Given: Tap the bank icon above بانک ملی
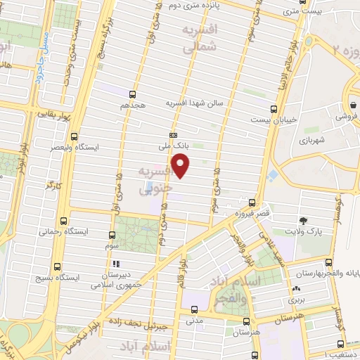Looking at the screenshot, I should pos(172,135).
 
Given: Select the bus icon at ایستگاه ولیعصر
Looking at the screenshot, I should pos(76,138).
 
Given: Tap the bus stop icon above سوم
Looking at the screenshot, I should pos(111,236).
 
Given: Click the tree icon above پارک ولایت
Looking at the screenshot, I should pos(303,220).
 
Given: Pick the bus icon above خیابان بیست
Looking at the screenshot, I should pos(274,108).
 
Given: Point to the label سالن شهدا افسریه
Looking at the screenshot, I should pos(194,103).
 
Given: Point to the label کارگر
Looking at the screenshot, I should pos(53,185).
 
